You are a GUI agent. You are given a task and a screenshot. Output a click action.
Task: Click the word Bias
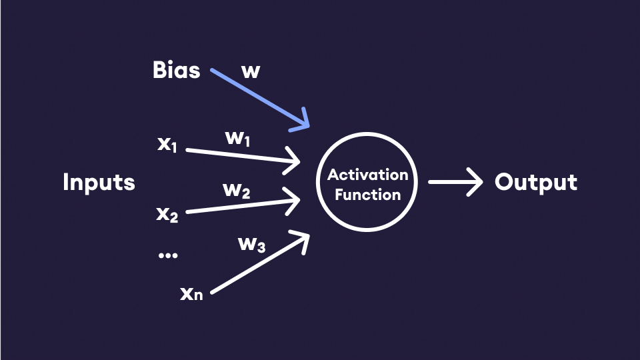pos(176,71)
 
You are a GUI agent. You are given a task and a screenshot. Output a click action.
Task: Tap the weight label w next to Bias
pos(250,71)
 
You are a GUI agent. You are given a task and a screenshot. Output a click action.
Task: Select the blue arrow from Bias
pos(260,97)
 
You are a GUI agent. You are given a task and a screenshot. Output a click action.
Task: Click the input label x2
pos(167,214)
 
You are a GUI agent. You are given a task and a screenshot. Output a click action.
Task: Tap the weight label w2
pos(237,191)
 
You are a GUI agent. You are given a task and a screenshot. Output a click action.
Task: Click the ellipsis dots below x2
pos(168,255)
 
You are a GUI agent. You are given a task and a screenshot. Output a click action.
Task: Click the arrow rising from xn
pos(260,263)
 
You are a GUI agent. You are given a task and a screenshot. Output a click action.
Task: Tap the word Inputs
pos(99,182)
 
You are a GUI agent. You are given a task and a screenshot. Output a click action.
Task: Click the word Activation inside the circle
pos(367,176)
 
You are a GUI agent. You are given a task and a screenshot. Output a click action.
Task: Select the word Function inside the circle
pos(367,195)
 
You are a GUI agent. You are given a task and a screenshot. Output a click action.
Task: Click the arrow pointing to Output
pos(453,182)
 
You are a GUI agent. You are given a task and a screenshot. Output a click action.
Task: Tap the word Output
pos(535,182)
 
